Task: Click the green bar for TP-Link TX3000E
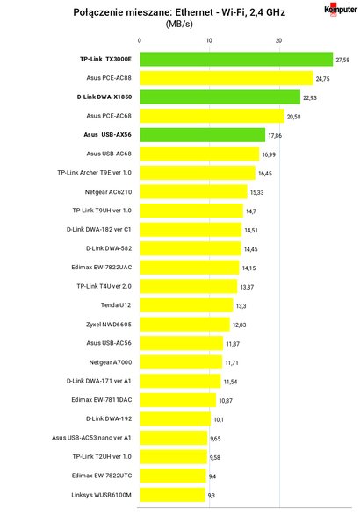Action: click(x=236, y=59)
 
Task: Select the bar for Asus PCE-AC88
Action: click(x=227, y=78)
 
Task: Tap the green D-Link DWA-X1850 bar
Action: click(x=220, y=97)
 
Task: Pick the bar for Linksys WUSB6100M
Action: click(x=173, y=495)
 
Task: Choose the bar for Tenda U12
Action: click(x=186, y=305)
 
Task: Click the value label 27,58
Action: click(x=342, y=61)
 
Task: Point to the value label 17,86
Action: click(x=275, y=136)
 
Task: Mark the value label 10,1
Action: click(x=219, y=419)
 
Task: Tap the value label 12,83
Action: click(x=240, y=325)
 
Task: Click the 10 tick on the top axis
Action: click(x=209, y=40)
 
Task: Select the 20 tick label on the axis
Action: click(x=279, y=40)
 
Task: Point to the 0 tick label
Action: click(x=140, y=40)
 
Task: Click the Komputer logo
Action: click(x=341, y=10)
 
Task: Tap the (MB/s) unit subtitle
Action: click(x=179, y=24)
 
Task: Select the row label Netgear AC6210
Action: click(x=109, y=192)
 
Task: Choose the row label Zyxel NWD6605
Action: click(x=109, y=325)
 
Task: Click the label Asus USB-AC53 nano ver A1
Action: click(x=91, y=438)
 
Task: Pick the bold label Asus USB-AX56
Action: click(x=107, y=135)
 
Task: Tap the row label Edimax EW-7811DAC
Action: click(x=102, y=400)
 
